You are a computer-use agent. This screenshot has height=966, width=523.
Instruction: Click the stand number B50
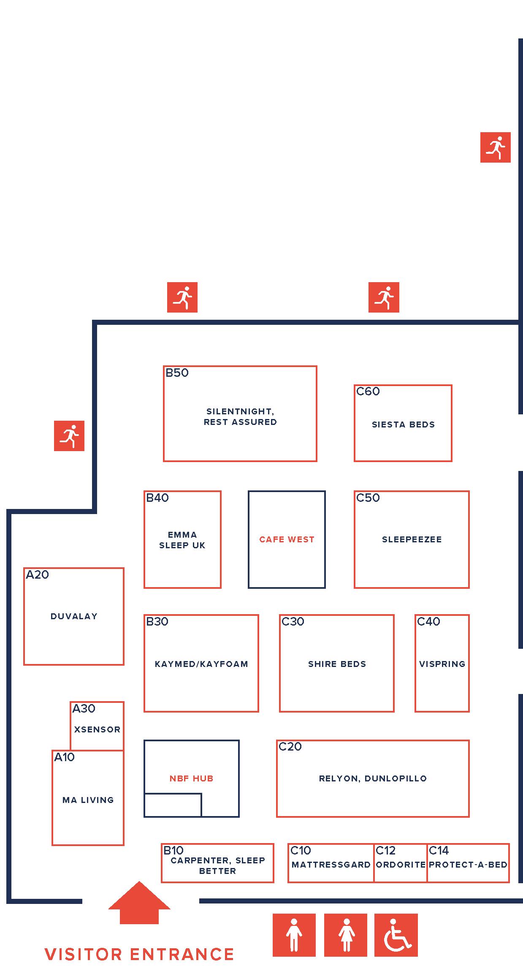click(x=177, y=373)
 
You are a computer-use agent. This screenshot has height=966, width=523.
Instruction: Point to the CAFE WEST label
click(x=287, y=539)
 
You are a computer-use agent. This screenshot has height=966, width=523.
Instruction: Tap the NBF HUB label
click(x=191, y=778)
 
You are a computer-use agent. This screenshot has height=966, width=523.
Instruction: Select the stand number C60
click(x=368, y=392)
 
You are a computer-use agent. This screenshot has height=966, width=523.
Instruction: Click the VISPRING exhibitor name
click(x=442, y=664)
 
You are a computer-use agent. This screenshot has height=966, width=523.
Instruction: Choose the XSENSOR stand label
click(x=97, y=729)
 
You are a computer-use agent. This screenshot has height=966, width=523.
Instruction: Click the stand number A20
click(x=38, y=575)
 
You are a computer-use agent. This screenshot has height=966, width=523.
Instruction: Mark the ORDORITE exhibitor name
click(x=401, y=865)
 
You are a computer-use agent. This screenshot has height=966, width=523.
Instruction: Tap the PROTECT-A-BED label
click(x=468, y=865)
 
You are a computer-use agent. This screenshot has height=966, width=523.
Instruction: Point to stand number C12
click(x=385, y=851)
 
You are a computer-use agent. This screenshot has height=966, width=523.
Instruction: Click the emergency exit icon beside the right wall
click(x=495, y=147)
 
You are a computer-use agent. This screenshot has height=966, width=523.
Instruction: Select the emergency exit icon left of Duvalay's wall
click(x=69, y=436)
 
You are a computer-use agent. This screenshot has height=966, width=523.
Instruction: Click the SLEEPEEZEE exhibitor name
click(x=412, y=539)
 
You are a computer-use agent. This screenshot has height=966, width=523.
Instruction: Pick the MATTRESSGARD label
click(x=331, y=865)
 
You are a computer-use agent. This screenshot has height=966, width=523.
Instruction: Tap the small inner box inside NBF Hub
click(x=173, y=805)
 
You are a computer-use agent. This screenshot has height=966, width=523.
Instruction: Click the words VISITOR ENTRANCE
click(x=139, y=954)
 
